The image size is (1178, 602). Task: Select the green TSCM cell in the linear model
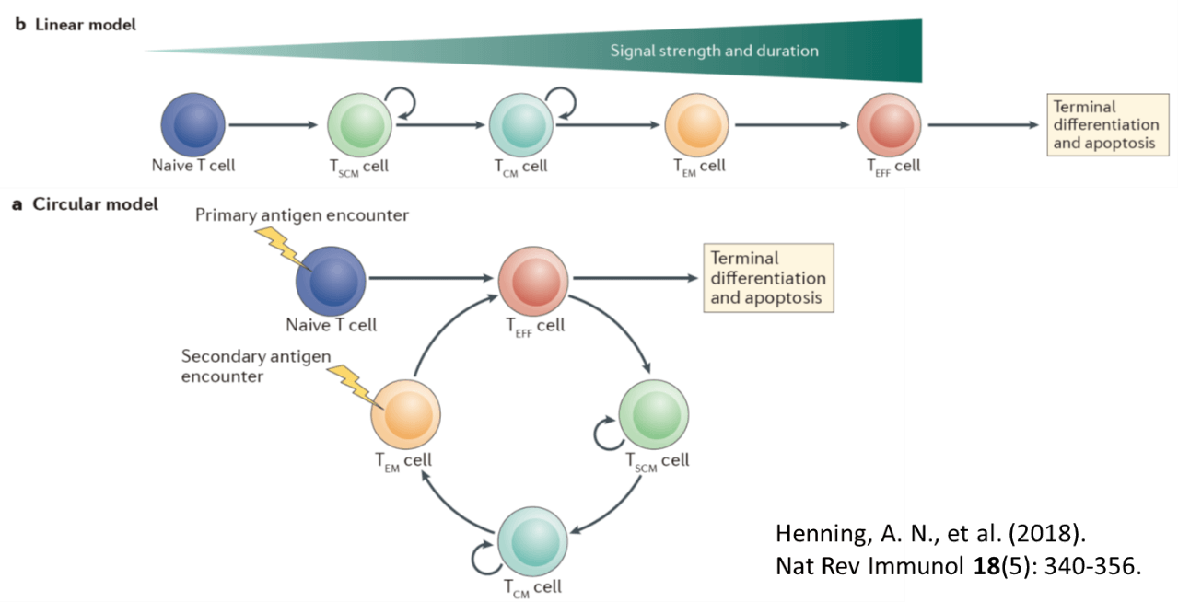(x=360, y=124)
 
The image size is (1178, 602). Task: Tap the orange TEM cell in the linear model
(x=697, y=124)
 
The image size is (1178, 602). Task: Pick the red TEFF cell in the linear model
(x=889, y=124)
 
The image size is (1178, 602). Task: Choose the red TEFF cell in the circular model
(x=531, y=279)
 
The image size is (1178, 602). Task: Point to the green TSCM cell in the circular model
(x=653, y=414)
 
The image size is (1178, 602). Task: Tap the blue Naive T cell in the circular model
(x=330, y=280)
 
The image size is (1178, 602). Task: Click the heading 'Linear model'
(x=85, y=25)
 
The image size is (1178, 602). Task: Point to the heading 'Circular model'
(x=95, y=203)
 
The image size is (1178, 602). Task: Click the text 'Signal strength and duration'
(x=714, y=51)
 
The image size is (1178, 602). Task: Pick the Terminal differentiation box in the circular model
(x=767, y=277)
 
